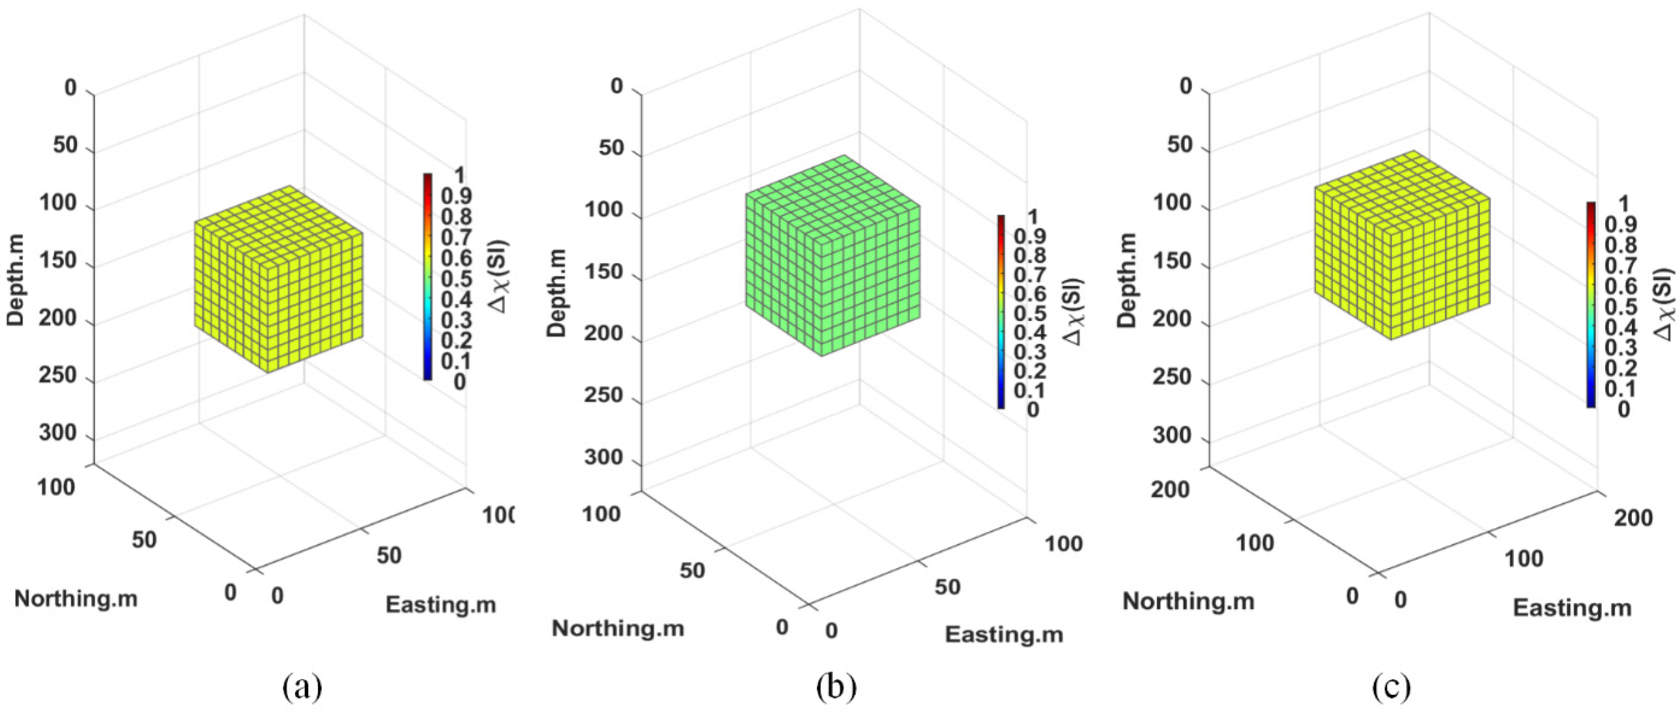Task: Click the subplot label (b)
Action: pos(836,687)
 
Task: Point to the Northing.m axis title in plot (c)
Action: pos(1188,601)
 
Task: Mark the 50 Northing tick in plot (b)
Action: pos(692,570)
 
